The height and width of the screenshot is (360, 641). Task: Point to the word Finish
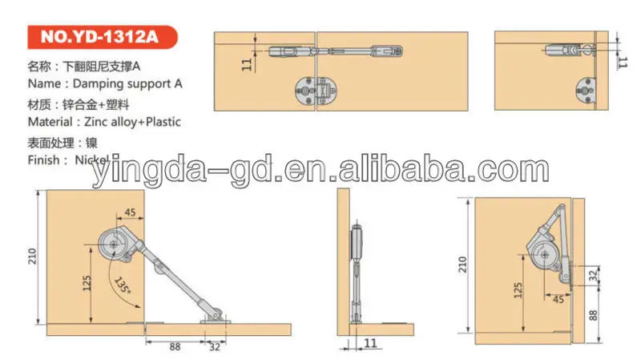point(43,160)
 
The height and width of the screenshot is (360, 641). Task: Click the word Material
point(50,122)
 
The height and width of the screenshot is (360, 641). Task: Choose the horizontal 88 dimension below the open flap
point(175,346)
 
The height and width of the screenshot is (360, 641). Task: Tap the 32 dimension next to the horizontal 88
point(212,346)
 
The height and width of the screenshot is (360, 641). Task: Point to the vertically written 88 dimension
point(593,315)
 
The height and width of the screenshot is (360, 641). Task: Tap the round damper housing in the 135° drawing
point(116,245)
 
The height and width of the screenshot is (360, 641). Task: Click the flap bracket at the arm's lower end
point(215,314)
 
